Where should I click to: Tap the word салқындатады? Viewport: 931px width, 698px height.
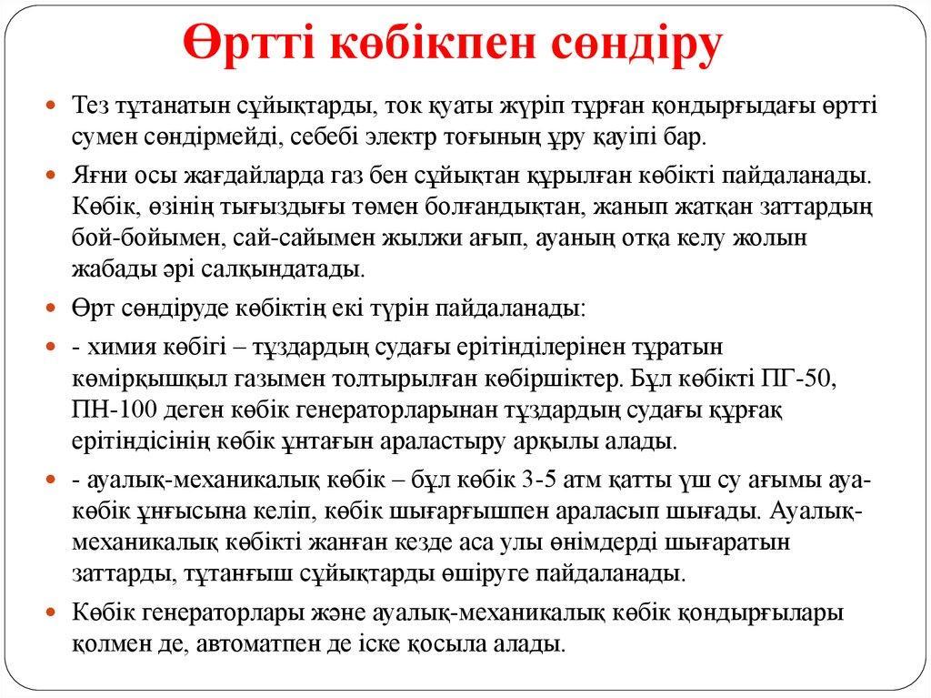click(282, 269)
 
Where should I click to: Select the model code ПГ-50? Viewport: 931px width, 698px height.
click(798, 379)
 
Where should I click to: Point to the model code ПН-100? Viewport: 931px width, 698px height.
click(115, 410)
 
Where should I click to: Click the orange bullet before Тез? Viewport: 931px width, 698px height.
click(51, 106)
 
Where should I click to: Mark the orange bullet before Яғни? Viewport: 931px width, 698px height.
click(51, 176)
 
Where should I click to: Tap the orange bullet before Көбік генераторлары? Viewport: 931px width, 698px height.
click(51, 612)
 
